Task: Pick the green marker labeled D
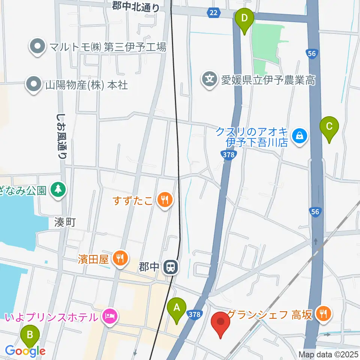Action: pyautogui.click(x=244, y=18)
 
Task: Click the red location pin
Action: pyautogui.click(x=220, y=322)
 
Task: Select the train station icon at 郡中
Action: pyautogui.click(x=170, y=267)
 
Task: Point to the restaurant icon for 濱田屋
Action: pyautogui.click(x=120, y=258)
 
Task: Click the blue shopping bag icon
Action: pyautogui.click(x=300, y=136)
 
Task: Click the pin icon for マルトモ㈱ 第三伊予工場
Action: pyautogui.click(x=37, y=47)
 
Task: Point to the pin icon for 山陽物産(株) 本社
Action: pyautogui.click(x=34, y=84)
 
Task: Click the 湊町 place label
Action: pyautogui.click(x=64, y=222)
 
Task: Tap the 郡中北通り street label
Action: pyautogui.click(x=135, y=6)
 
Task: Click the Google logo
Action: pyautogui.click(x=25, y=351)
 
